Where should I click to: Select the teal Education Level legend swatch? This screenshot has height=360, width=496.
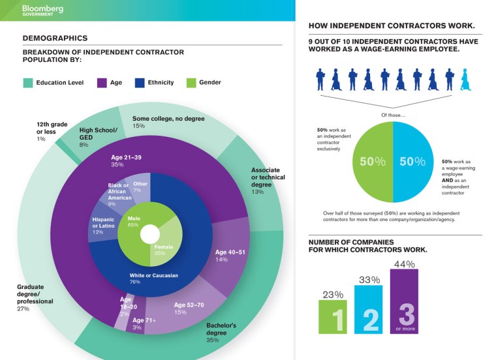click(x=28, y=83)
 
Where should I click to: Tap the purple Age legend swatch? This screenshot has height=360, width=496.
click(x=102, y=83)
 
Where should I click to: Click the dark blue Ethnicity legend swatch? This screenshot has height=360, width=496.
click(x=139, y=83)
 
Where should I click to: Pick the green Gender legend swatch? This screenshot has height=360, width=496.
click(x=191, y=83)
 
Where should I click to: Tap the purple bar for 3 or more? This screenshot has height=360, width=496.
click(x=405, y=304)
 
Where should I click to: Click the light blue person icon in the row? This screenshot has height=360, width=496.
click(x=465, y=80)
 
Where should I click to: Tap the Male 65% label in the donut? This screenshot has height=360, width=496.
click(x=134, y=221)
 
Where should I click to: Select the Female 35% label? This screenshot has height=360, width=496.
click(x=164, y=251)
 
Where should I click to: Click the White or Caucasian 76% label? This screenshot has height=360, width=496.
click(x=154, y=279)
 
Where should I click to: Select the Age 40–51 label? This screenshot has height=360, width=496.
click(x=230, y=255)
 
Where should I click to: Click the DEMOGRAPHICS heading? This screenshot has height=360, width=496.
click(x=55, y=38)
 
